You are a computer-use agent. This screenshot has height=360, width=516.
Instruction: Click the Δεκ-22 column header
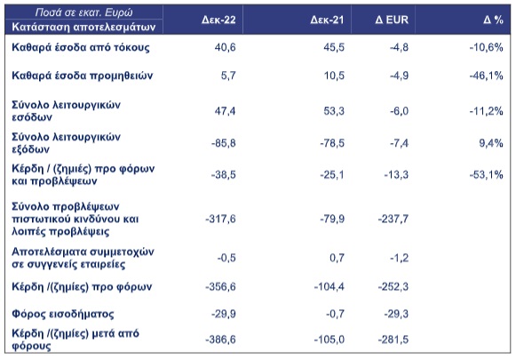click(x=218, y=20)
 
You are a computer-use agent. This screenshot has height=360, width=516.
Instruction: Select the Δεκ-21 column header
click(x=327, y=20)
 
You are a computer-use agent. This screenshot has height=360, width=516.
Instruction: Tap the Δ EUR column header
click(x=392, y=20)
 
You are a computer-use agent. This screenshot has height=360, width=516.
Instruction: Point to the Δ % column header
click(x=493, y=20)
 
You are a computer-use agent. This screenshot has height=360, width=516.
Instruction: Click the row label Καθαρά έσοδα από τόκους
click(x=81, y=47)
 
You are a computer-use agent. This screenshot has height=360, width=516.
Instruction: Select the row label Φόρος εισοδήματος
click(x=63, y=314)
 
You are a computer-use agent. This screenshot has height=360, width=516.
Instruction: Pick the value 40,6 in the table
click(x=225, y=47)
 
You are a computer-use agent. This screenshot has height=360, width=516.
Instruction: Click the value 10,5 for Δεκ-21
click(x=334, y=76)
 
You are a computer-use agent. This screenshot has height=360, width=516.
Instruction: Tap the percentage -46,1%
click(x=486, y=76)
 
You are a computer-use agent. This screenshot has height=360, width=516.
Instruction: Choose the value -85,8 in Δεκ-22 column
click(x=224, y=143)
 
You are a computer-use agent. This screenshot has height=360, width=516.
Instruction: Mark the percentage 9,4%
click(x=491, y=143)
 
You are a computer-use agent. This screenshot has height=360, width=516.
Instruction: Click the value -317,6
click(x=220, y=219)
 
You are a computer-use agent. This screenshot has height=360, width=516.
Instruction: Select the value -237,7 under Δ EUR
click(x=393, y=219)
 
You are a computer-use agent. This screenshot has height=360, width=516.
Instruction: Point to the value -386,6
click(x=220, y=340)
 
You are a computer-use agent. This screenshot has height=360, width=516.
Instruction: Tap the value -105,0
click(x=329, y=340)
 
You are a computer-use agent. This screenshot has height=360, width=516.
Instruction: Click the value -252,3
click(x=393, y=286)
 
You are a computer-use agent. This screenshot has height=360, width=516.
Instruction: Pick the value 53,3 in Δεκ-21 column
click(x=334, y=111)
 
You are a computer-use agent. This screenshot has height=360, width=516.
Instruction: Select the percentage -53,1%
click(x=486, y=174)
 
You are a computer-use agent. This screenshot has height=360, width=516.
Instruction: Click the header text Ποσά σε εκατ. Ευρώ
click(x=83, y=12)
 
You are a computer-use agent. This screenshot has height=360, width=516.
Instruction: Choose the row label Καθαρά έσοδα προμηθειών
click(x=83, y=76)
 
